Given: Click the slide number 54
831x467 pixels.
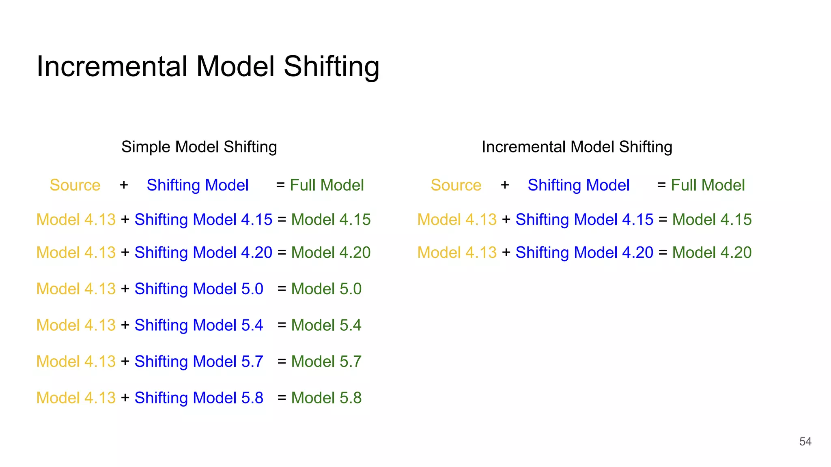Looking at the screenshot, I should [805, 441].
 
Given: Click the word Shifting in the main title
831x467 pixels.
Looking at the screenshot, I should [332, 67].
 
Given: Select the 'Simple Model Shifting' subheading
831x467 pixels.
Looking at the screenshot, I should [199, 147].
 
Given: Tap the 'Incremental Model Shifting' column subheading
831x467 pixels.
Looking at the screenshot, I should [577, 147].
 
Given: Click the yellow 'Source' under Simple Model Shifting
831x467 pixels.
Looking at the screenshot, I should [75, 185].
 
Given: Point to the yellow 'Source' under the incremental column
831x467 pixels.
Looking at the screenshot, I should [456, 185].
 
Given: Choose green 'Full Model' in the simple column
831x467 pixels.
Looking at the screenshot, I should [327, 185].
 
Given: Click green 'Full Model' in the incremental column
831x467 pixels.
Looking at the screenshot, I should [708, 185].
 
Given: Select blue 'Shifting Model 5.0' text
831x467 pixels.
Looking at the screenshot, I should [199, 289].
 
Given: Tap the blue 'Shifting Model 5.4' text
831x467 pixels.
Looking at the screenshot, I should [199, 325].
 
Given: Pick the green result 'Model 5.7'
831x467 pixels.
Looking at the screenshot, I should [326, 362].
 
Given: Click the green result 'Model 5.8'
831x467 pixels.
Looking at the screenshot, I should [326, 398].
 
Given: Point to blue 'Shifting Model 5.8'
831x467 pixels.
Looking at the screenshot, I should [199, 398].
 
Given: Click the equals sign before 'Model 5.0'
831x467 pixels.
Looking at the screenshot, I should [282, 289].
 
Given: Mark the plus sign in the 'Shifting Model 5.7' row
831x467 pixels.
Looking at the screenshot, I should [125, 362].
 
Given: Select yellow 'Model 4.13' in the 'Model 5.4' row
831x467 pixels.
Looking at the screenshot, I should [76, 325].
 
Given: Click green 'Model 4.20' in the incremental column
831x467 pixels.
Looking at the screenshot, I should [712, 253].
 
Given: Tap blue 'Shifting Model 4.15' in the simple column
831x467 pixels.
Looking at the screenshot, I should [203, 220].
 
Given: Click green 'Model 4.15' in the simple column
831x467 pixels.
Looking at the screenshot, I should [331, 220].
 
